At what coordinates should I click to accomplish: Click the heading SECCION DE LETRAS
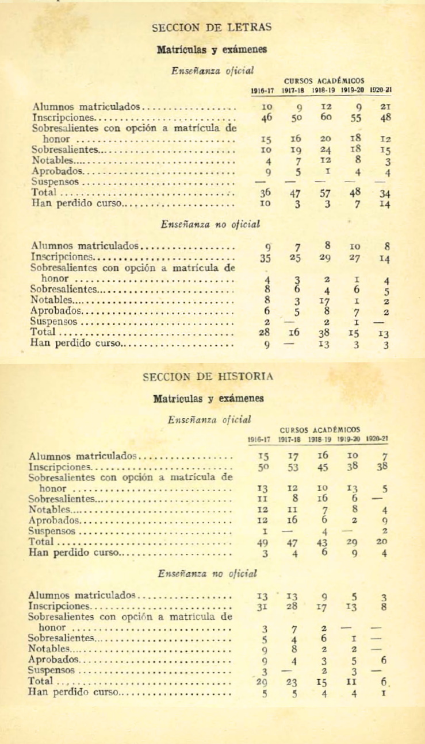click(x=212, y=27)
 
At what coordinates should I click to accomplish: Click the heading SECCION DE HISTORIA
click(x=207, y=377)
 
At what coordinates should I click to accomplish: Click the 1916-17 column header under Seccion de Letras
click(x=262, y=90)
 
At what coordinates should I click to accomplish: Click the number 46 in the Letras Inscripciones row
click(x=266, y=118)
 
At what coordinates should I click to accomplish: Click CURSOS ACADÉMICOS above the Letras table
click(x=323, y=81)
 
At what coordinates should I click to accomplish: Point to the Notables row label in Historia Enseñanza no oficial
click(x=49, y=648)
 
